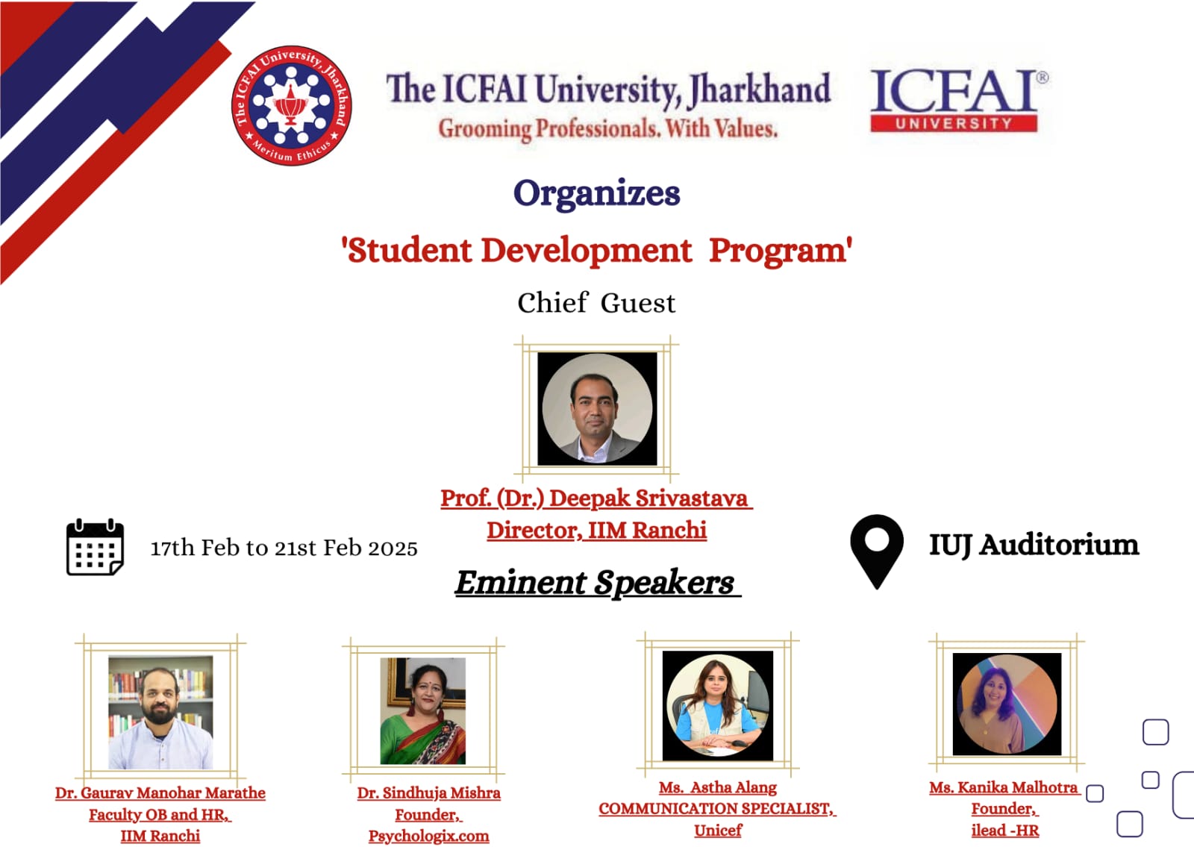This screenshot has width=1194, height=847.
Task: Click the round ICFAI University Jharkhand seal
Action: point(291,105)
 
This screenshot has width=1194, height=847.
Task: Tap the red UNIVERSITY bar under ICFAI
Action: point(954,124)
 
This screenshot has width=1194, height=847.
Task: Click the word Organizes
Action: point(596,194)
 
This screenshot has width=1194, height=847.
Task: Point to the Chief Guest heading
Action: point(596,303)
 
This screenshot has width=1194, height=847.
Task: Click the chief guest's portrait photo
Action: point(597,409)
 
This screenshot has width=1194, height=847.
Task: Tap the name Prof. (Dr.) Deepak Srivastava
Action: point(596,498)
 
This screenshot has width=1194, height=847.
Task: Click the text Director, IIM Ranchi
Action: point(596,531)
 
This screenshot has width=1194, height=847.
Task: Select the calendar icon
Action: point(95,547)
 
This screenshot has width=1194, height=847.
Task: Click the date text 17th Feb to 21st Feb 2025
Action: point(284,548)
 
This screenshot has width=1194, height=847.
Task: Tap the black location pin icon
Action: point(877,551)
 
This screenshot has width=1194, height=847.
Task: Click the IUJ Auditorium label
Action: point(1034,546)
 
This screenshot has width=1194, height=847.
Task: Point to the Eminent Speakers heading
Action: point(597,582)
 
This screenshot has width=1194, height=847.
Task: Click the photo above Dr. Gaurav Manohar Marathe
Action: point(160,712)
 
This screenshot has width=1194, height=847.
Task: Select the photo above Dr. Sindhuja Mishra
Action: point(422,711)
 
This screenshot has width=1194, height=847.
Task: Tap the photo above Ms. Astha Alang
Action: point(717,705)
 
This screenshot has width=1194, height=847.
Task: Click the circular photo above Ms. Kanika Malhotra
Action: point(1007,704)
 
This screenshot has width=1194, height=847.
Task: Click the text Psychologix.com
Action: point(428,835)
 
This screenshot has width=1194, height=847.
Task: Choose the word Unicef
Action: point(717,830)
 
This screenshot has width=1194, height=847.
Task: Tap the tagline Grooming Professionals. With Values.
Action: point(608,129)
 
